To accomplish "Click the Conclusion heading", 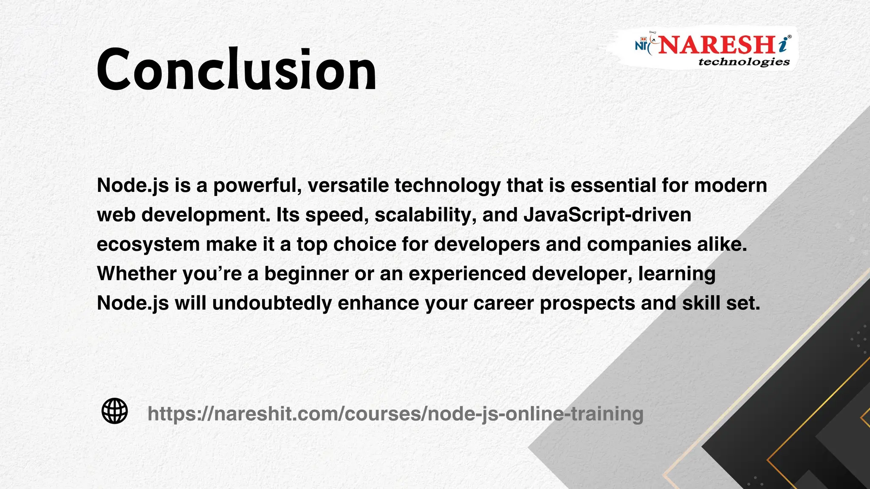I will pos(236,70).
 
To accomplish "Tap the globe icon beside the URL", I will pos(115,411).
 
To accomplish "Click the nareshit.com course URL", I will pos(395,413).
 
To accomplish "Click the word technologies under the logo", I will pos(744,62).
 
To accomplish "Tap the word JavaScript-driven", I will pos(607,215).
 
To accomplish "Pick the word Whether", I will pos(137,274).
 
